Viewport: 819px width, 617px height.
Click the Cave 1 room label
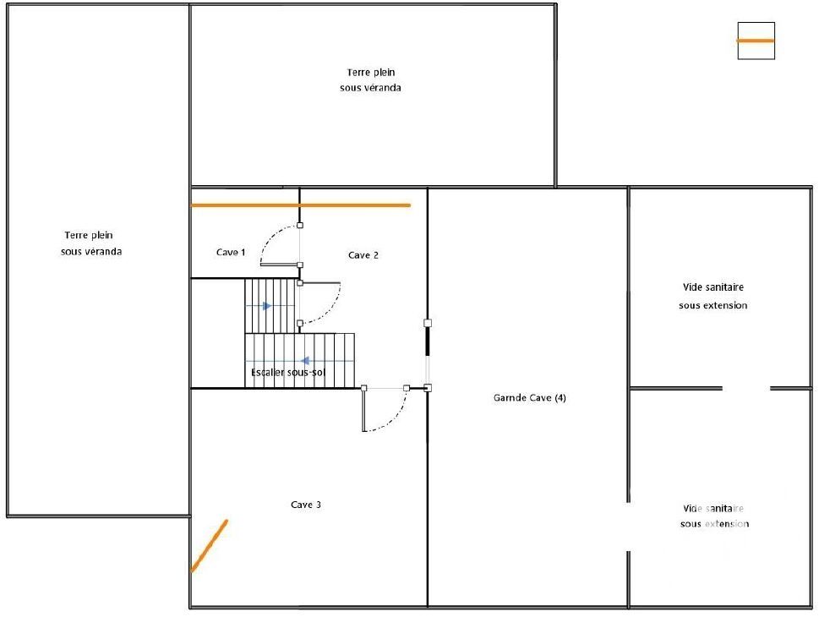(231, 253)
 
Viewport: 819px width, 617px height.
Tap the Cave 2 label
(363, 255)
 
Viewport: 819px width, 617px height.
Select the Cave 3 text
(306, 505)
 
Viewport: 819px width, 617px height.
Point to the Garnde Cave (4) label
(530, 397)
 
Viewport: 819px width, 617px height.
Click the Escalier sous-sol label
(288, 373)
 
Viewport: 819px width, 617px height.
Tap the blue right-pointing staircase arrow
(267, 306)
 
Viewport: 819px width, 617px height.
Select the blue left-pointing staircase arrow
(305, 361)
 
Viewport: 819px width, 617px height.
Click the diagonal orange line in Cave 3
(210, 545)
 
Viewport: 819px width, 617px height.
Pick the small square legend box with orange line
(756, 41)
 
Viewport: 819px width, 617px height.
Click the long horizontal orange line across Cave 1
(301, 205)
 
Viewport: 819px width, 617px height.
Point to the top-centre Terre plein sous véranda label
(370, 80)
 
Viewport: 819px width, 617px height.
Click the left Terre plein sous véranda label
(91, 243)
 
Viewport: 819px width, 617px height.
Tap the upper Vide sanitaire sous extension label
(713, 296)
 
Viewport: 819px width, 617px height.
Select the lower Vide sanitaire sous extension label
(714, 516)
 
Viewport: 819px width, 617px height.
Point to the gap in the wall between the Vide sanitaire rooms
(745, 388)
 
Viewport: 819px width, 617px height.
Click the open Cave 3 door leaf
(364, 410)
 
